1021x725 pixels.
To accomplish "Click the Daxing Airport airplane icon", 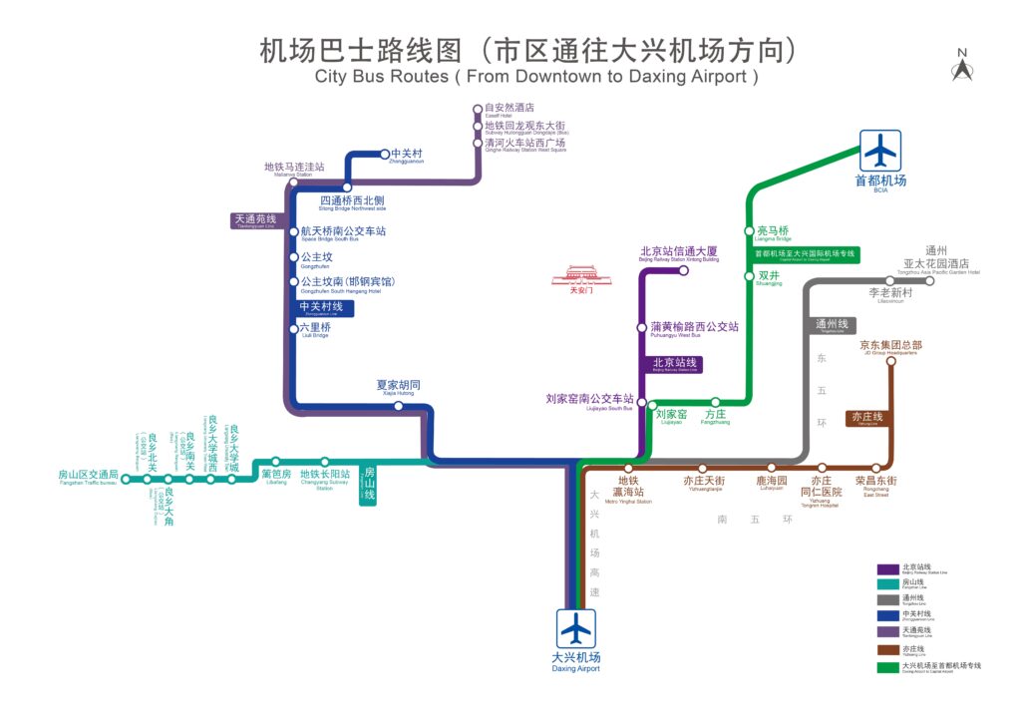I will pos(576,628).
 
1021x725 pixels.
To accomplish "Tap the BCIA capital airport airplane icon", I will pos(880,151).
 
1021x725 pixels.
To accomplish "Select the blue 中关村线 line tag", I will pos(321,307).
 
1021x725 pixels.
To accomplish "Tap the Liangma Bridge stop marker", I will pos(750,232).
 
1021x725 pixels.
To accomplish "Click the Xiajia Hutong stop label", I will pos(398,387).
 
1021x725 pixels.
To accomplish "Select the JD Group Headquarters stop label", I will pos(889,347).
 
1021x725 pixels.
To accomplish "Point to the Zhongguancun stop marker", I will pos(385,154).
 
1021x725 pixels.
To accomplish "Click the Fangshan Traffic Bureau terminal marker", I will pos(126,480).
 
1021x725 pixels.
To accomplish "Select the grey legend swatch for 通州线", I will pos(887,600).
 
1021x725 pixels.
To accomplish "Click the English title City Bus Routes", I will pos(536,76).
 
